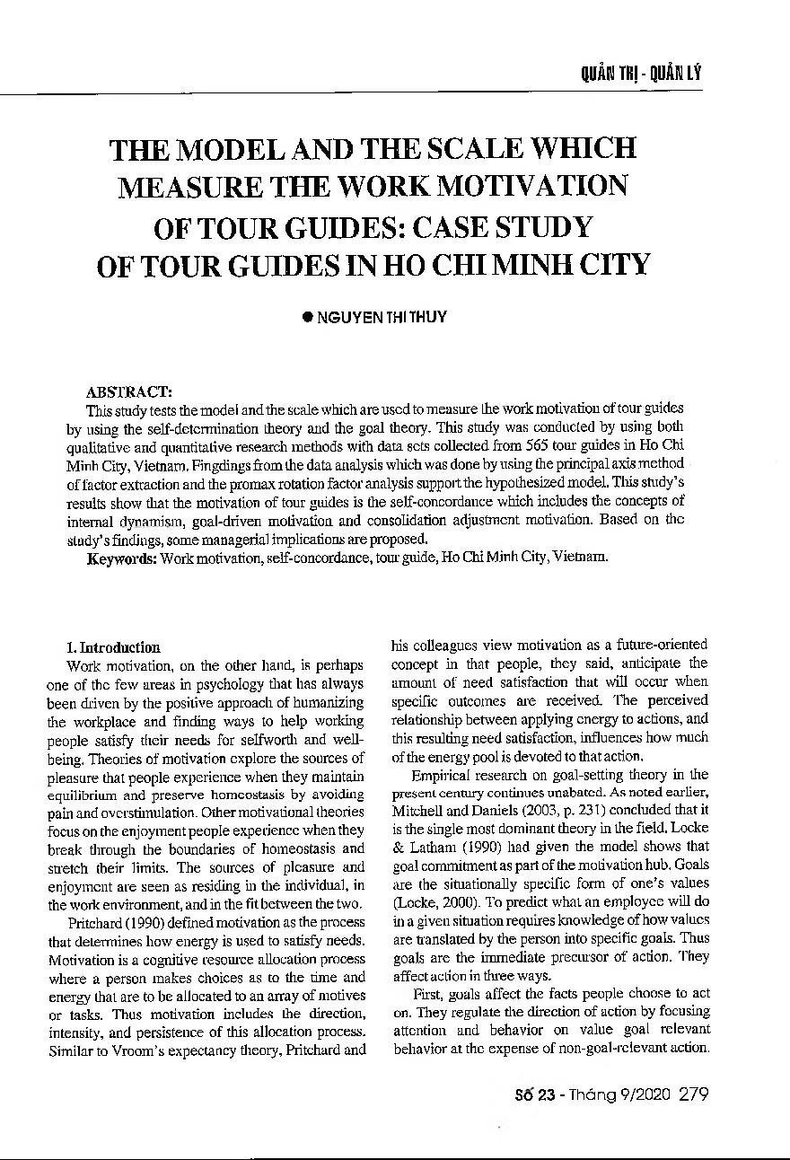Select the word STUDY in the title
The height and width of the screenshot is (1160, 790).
pyautogui.click(x=540, y=227)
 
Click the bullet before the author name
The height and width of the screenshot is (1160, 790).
pyautogui.click(x=306, y=318)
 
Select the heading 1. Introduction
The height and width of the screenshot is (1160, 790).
pyautogui.click(x=113, y=647)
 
